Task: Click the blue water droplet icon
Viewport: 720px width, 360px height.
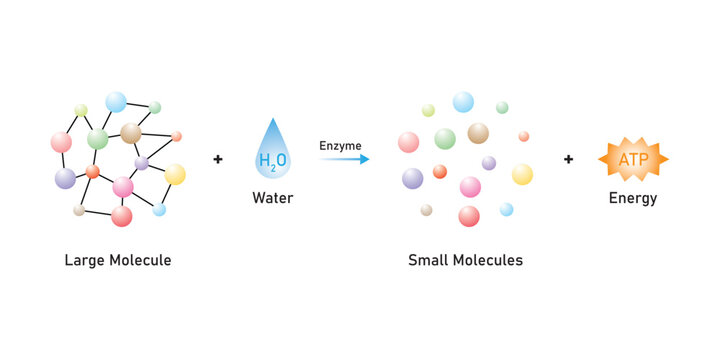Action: (x=272, y=148)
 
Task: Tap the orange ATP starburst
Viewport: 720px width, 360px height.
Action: (x=632, y=159)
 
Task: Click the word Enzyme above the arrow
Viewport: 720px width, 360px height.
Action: (x=340, y=146)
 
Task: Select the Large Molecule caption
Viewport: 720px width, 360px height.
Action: (x=118, y=260)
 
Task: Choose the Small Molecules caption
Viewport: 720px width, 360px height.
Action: (x=465, y=260)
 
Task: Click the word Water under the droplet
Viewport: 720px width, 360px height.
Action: (x=272, y=198)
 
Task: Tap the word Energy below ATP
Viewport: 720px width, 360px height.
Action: (x=633, y=198)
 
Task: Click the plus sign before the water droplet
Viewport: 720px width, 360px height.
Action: (x=218, y=159)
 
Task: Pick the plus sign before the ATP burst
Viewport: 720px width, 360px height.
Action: (x=568, y=159)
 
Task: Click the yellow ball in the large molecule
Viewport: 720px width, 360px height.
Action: (x=175, y=174)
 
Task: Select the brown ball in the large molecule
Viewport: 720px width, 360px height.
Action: (x=131, y=133)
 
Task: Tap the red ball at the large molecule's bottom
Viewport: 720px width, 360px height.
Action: (x=122, y=216)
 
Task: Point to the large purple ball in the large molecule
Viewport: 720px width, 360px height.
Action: (x=65, y=178)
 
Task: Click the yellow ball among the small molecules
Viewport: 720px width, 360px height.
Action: (x=522, y=174)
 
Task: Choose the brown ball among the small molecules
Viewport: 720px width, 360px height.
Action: (x=478, y=133)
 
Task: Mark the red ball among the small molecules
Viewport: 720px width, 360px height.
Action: (x=469, y=216)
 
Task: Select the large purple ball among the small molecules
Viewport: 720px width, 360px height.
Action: (x=412, y=178)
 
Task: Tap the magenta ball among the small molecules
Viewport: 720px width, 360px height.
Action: (x=470, y=187)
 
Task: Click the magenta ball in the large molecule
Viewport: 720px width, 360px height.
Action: (x=123, y=187)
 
